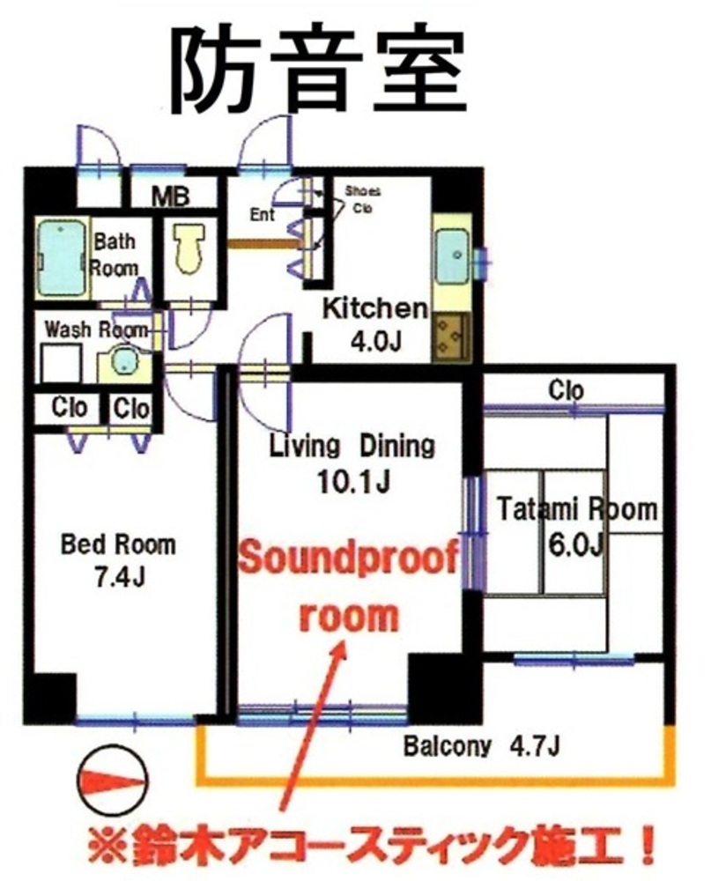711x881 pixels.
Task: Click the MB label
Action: point(172,196)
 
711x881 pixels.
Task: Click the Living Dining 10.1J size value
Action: point(353,481)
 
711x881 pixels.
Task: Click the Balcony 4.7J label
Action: point(481,747)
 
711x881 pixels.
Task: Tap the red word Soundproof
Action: point(349,560)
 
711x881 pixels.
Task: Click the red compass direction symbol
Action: point(114,781)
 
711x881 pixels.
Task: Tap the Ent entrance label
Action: point(262,215)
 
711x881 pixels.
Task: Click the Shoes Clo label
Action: point(362,199)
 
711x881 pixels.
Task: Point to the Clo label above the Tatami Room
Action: point(566,390)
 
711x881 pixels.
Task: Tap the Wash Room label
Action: point(97,329)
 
